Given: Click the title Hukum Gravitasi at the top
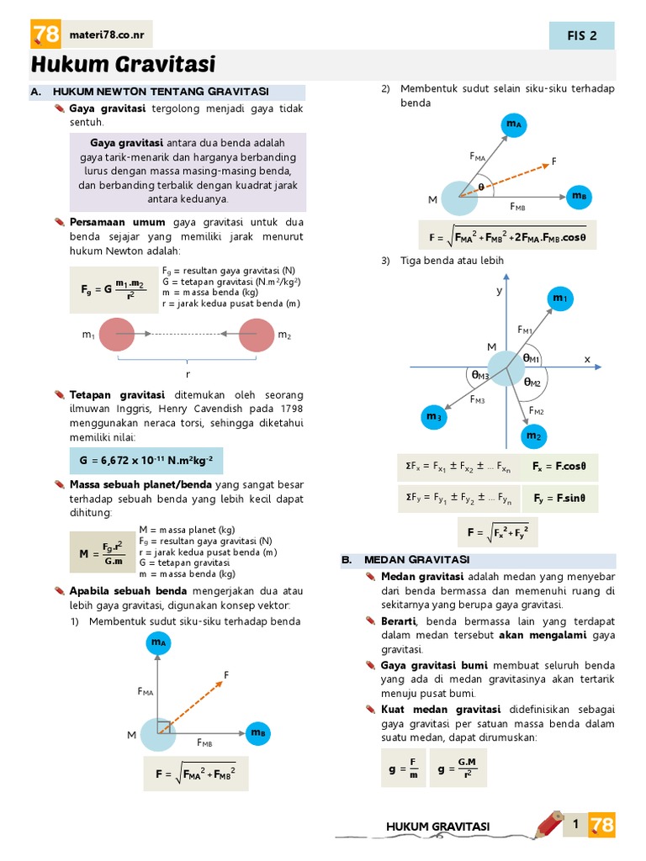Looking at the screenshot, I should point(124,64).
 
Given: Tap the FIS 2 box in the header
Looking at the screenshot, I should point(582,35).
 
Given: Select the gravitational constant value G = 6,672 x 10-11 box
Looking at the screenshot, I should point(146,461).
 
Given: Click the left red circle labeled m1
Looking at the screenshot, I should point(117,335).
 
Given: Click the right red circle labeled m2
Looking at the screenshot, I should point(256,335).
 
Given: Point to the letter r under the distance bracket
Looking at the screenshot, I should point(187,375).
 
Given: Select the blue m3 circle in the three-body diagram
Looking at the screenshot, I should point(433,416).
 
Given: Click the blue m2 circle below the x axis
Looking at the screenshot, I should point(533,436).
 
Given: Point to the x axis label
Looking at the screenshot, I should point(587,359).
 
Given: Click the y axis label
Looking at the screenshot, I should point(498,290).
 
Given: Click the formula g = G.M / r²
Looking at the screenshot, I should point(458,769).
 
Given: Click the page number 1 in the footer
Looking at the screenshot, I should point(576,825).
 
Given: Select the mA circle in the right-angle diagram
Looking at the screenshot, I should point(157,643).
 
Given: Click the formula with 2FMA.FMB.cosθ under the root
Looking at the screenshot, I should point(507,237).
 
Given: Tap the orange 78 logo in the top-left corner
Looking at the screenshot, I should point(45,34).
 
